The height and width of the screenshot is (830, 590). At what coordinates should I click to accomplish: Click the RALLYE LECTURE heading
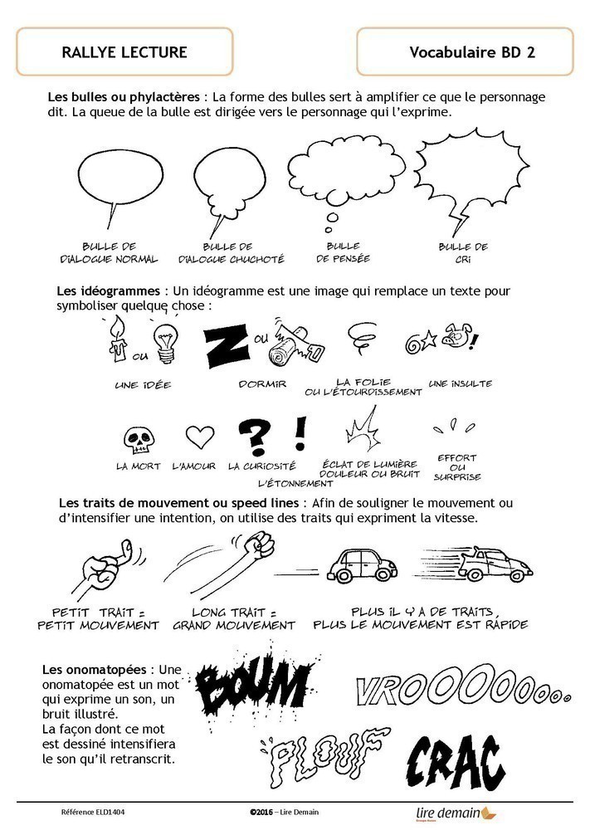point(124,52)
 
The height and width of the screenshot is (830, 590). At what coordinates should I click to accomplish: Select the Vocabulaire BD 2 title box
point(465,51)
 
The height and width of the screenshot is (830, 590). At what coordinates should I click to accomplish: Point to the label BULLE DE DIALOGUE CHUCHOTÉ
point(232,253)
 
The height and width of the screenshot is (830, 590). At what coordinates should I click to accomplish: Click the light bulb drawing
point(164,342)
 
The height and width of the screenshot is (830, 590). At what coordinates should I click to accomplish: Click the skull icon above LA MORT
point(134,438)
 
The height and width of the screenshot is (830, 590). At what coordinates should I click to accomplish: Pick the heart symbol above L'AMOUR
point(199,437)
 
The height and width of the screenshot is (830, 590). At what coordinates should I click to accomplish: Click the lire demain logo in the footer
point(456,813)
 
